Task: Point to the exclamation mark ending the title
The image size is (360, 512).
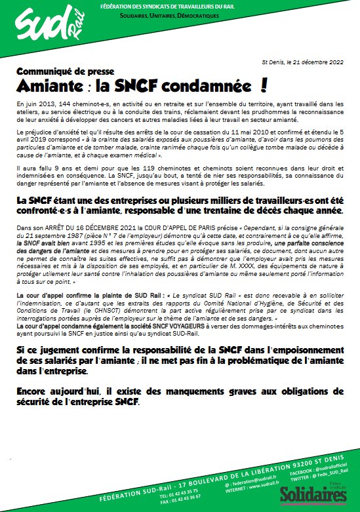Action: (x=265, y=85)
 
